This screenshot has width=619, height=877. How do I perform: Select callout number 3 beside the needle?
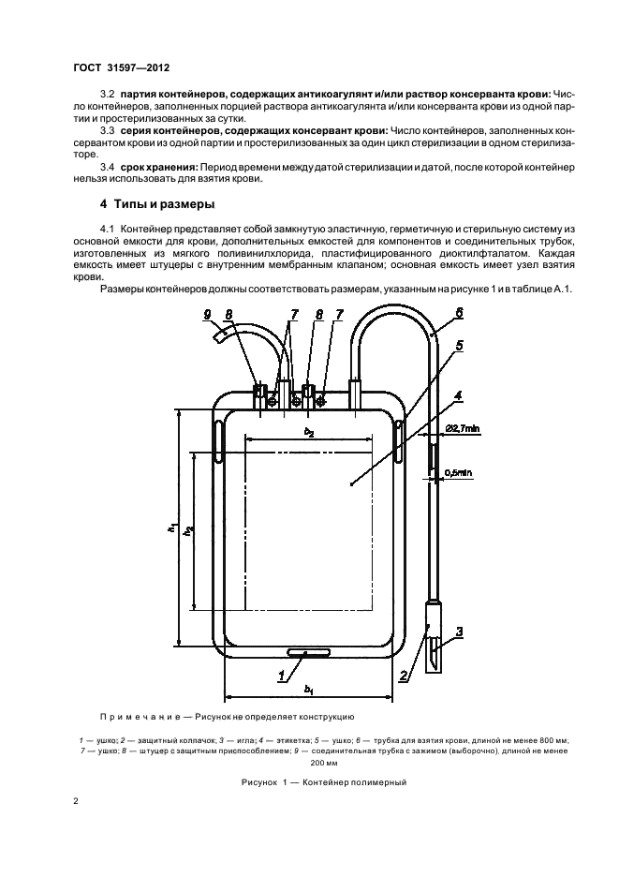[x=460, y=632]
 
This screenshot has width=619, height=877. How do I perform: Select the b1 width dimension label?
[x=308, y=689]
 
